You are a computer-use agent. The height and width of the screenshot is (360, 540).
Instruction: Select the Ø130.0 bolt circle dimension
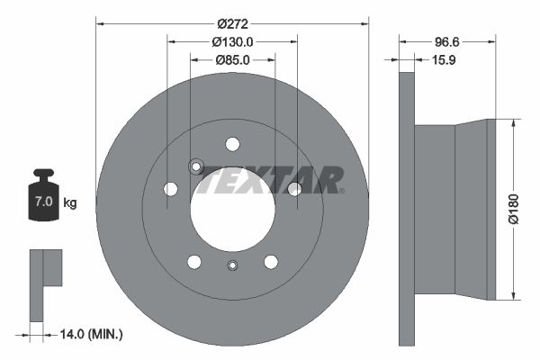(232, 40)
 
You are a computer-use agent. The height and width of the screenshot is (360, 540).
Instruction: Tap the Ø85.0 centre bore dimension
(232, 59)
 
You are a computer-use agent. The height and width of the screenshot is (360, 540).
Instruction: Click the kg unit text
(69, 202)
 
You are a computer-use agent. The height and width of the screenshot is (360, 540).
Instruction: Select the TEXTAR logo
(271, 180)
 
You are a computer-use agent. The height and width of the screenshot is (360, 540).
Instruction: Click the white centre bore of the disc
(232, 209)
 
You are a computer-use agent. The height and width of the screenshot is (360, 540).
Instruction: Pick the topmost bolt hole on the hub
(232, 144)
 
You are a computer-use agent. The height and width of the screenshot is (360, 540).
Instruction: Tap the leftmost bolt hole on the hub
(170, 189)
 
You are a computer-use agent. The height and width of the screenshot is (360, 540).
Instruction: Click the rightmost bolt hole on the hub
(294, 188)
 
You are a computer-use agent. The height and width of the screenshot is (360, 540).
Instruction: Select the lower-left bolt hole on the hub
(193, 261)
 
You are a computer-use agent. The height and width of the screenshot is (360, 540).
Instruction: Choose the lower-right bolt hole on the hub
(271, 261)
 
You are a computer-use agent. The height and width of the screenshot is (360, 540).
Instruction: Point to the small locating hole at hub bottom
(232, 265)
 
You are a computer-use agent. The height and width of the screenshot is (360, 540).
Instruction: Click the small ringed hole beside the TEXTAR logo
(196, 166)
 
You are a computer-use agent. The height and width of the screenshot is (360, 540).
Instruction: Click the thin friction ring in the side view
(406, 209)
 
